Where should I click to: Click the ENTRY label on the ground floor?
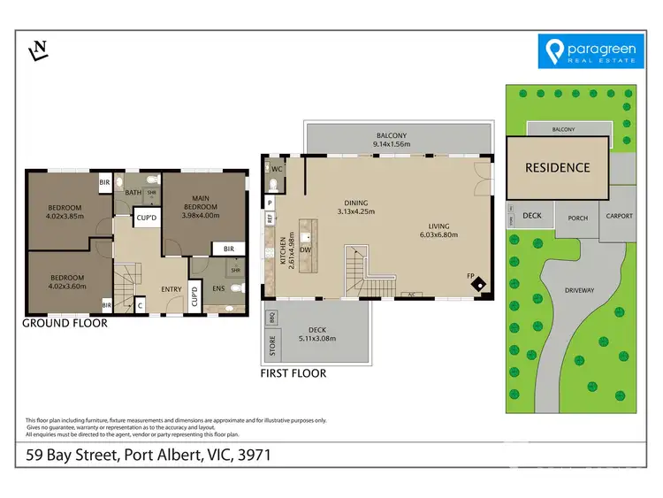171,287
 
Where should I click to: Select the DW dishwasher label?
305,250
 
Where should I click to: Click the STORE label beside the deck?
271,341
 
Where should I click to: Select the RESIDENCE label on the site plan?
558,167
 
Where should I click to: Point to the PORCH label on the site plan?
577,218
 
